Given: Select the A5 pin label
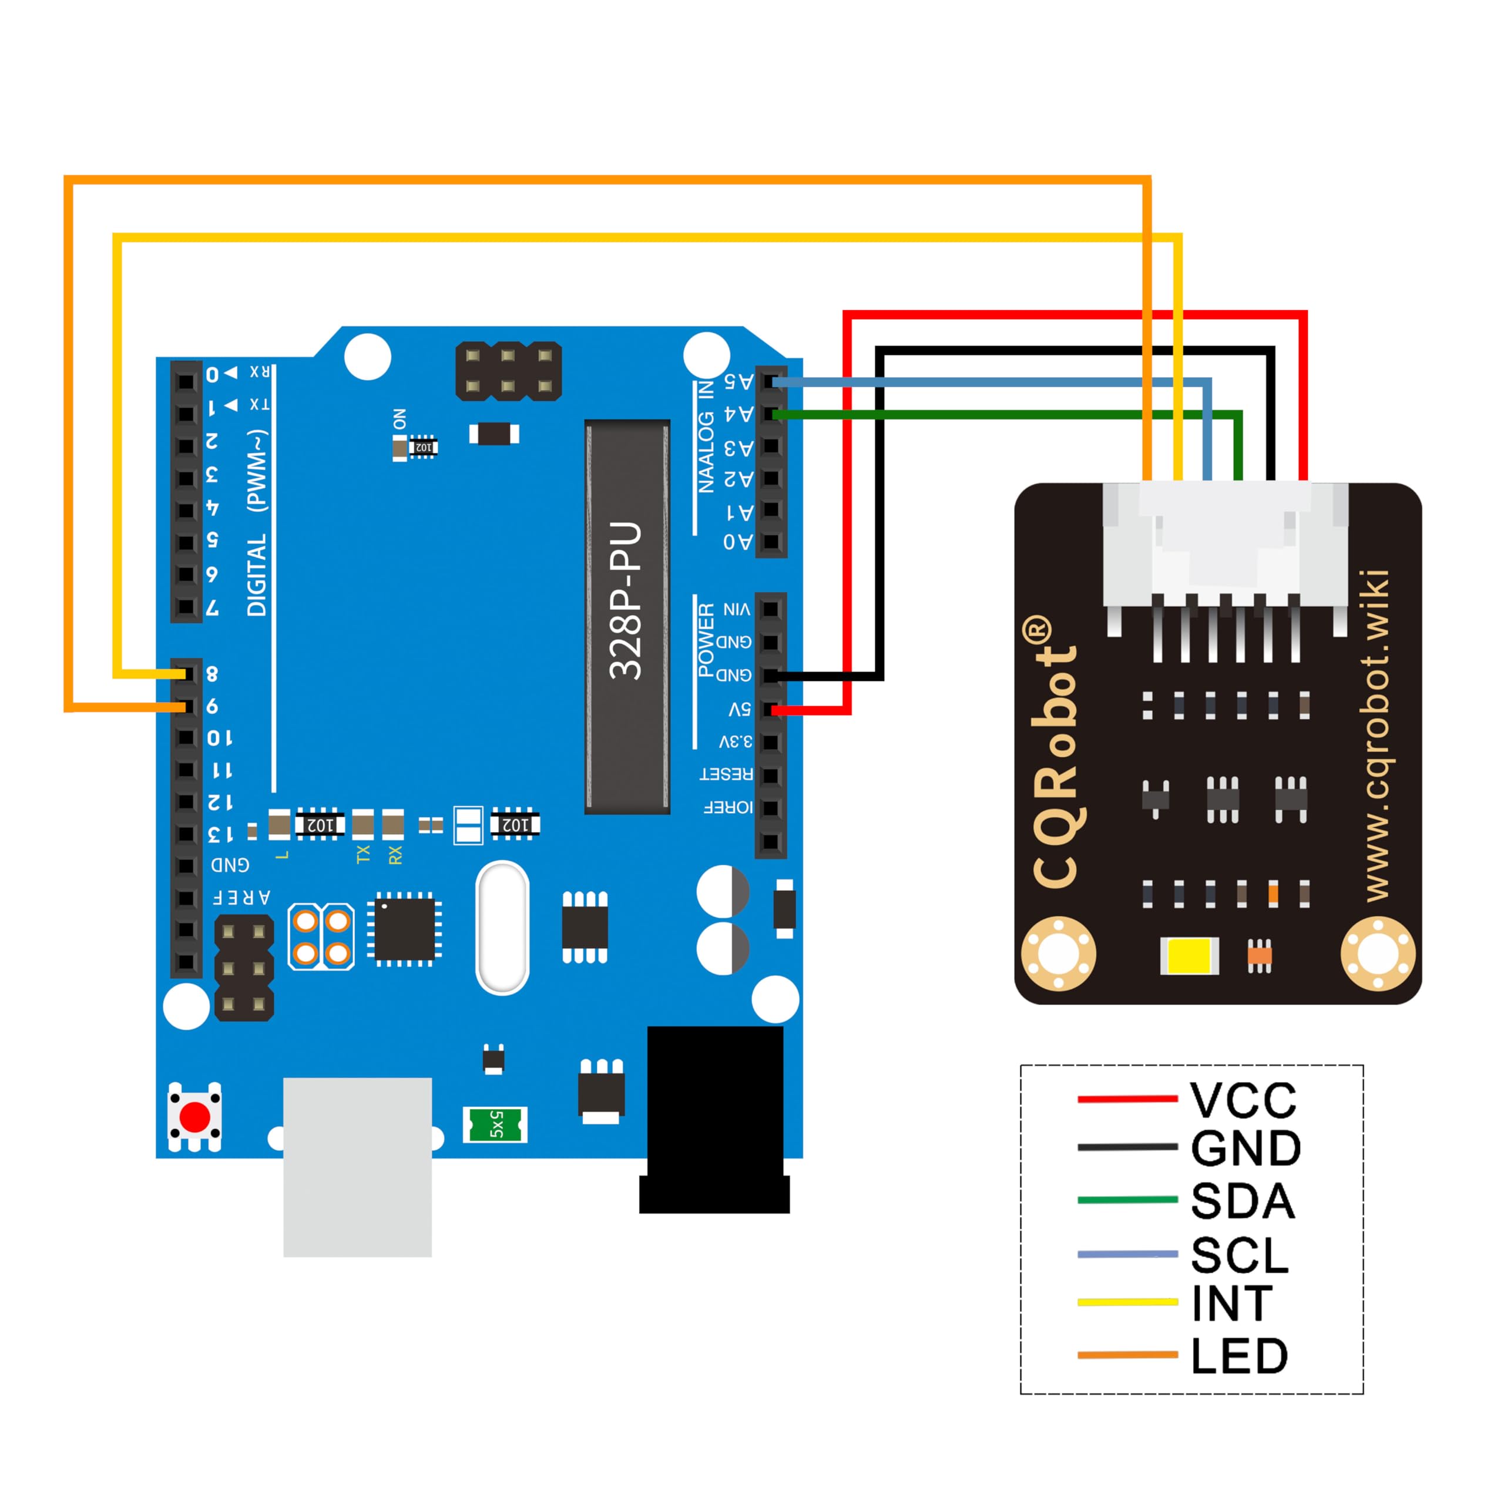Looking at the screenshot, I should [x=738, y=381].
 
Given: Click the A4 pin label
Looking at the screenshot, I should [x=738, y=414].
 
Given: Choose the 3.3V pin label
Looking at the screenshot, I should [x=735, y=741].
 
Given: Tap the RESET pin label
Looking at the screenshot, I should [x=726, y=774].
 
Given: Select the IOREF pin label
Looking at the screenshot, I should [x=727, y=807].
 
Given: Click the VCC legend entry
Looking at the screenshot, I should [x=1243, y=1100].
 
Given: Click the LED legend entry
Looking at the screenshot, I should [x=1239, y=1356].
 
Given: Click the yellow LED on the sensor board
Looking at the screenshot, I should [x=1189, y=956].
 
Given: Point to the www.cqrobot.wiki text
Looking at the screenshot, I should [x=1377, y=736].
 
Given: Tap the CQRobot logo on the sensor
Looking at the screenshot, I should [x=1055, y=752].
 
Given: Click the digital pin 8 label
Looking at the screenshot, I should [x=211, y=674].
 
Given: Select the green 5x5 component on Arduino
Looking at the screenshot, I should [x=495, y=1124].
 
